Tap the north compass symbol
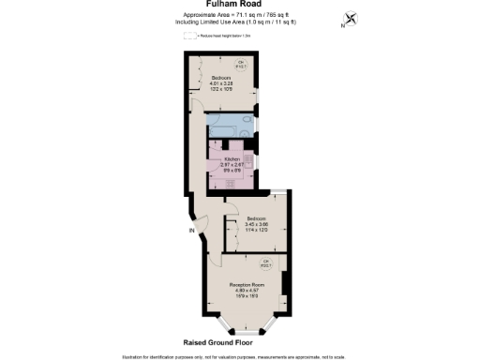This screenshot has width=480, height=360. [x=351, y=19]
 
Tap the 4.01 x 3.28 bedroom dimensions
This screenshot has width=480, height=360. [x=221, y=83]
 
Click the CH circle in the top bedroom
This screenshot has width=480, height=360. [x=240, y=65]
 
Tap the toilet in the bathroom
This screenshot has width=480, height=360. [x=247, y=127]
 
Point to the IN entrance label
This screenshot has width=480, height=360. [x=191, y=231]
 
